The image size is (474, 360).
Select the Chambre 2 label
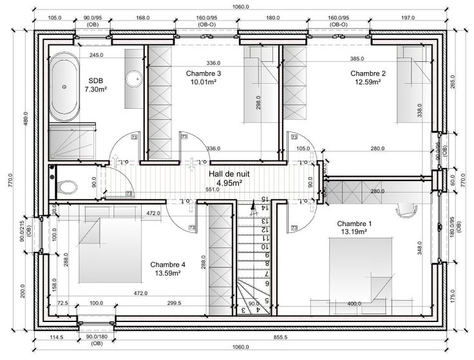[x=368, y=73]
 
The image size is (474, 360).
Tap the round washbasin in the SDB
[x=136, y=79]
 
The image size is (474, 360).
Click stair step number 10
[x=263, y=247]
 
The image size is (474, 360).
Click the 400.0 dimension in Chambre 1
[x=354, y=303]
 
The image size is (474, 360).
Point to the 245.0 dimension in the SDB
[x=97, y=55]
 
